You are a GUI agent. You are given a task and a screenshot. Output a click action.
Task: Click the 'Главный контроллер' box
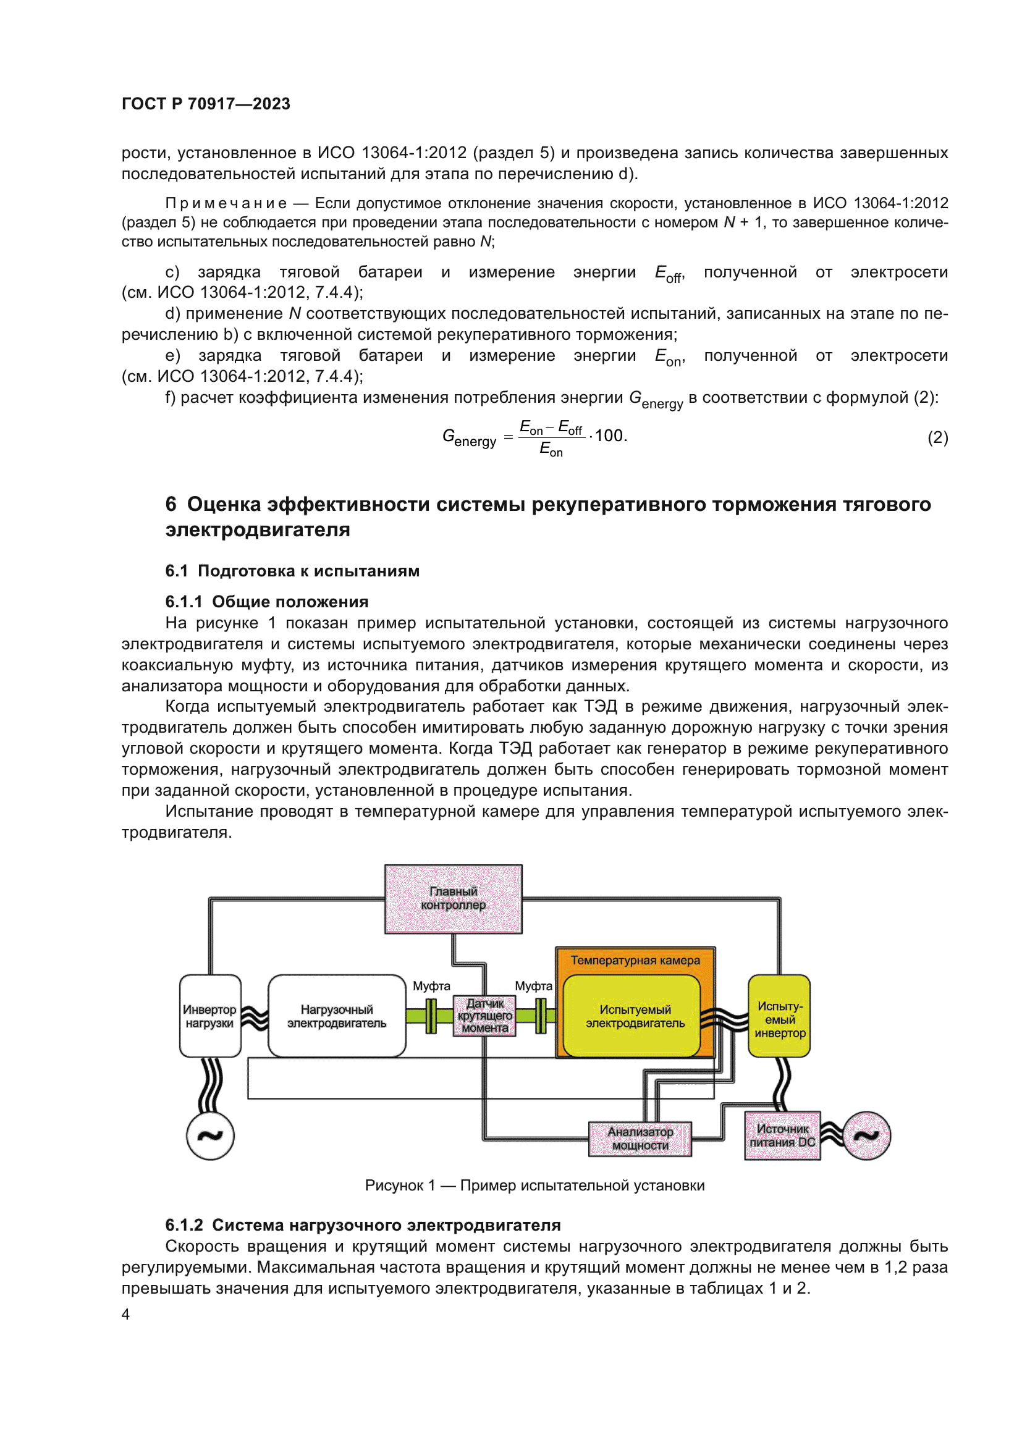453,899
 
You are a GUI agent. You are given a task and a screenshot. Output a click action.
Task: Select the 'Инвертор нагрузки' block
209,1016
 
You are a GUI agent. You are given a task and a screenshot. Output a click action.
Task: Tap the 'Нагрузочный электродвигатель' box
337,1016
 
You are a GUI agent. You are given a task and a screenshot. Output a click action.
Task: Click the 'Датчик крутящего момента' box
484,1016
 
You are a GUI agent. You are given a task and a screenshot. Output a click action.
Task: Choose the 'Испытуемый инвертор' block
779,1016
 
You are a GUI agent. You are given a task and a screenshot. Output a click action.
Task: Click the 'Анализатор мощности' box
640,1139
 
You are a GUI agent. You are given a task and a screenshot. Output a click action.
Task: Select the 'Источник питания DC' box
782,1135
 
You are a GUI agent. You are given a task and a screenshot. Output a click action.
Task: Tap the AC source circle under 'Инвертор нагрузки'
210,1136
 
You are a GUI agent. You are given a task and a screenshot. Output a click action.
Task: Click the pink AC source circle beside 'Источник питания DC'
866,1135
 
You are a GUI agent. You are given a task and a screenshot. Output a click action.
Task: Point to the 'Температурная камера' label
635,961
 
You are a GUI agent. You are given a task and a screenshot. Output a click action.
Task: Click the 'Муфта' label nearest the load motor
431,986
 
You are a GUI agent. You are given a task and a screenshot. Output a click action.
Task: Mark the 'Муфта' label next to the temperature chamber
534,986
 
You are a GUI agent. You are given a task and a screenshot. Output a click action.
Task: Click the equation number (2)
937,437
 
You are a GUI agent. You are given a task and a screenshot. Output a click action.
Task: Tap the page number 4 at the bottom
126,1315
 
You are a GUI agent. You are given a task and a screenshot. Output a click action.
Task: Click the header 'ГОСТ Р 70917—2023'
206,104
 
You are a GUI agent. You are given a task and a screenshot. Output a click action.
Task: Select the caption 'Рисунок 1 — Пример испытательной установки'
534,1186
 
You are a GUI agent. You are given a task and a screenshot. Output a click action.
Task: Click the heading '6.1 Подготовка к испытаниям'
292,571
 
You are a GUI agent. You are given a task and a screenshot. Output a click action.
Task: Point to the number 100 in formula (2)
609,436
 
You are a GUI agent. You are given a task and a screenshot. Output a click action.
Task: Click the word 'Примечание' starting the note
226,203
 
